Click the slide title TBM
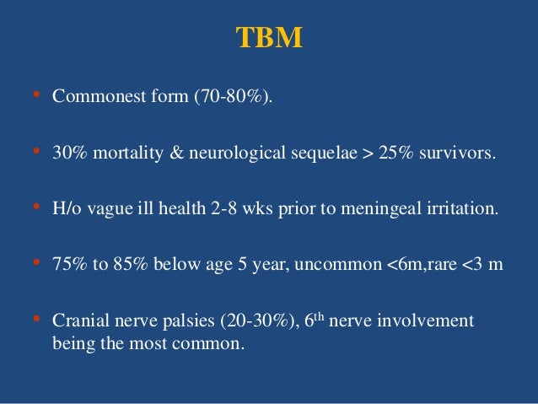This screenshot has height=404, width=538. [269, 39]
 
